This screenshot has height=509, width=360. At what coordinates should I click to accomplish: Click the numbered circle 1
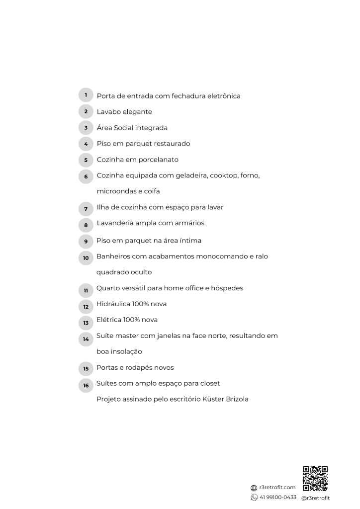pyautogui.click(x=86, y=95)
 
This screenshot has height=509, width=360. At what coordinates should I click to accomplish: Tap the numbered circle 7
pyautogui.click(x=86, y=208)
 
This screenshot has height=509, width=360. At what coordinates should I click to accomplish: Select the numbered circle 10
pyautogui.click(x=86, y=257)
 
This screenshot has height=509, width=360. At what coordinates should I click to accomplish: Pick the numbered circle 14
pyautogui.click(x=86, y=339)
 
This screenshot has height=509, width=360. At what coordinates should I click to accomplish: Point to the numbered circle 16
pyautogui.click(x=86, y=385)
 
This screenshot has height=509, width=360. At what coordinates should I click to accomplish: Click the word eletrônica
pyautogui.click(x=222, y=96)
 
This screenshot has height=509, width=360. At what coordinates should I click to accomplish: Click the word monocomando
pyautogui.click(x=219, y=256)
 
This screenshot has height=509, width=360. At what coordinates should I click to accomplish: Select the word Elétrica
pyautogui.click(x=109, y=320)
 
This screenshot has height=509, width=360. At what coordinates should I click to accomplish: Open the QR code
pyautogui.click(x=315, y=478)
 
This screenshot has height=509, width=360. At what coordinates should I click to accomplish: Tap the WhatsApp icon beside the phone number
pyautogui.click(x=254, y=498)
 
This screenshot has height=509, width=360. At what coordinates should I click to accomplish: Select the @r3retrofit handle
pyautogui.click(x=315, y=498)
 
